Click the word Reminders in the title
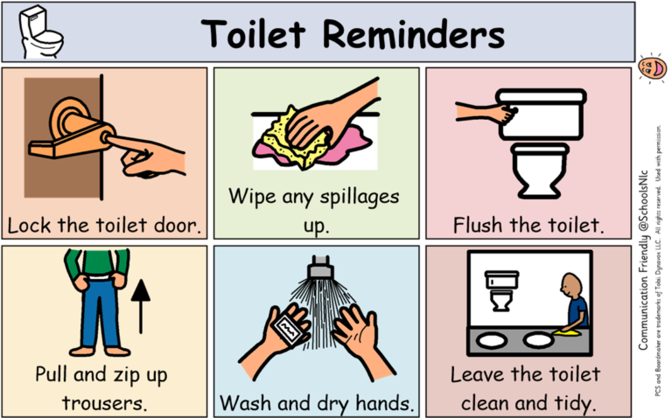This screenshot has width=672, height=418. [414, 35]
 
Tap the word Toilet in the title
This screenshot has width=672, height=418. [254, 35]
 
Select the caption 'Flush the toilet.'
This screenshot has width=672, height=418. [528, 225]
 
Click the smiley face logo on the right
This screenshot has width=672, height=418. [651, 66]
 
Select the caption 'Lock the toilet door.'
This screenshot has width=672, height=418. [104, 225]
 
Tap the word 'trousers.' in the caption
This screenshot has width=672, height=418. [104, 403]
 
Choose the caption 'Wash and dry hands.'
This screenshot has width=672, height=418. [317, 403]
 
